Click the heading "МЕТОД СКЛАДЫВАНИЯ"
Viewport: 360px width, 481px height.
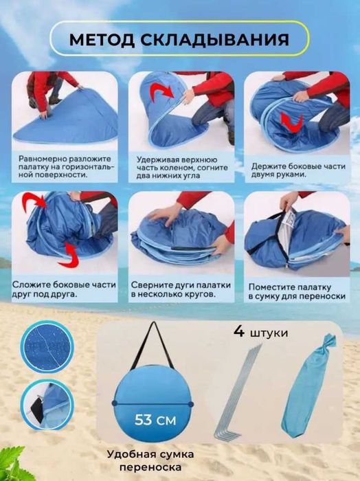pyautogui.click(x=179, y=40)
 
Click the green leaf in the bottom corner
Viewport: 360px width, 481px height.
pyautogui.click(x=16, y=464)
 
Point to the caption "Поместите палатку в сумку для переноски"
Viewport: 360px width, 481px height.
pyautogui.click(x=297, y=290)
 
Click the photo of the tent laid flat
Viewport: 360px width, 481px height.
pyautogui.click(x=62, y=110)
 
